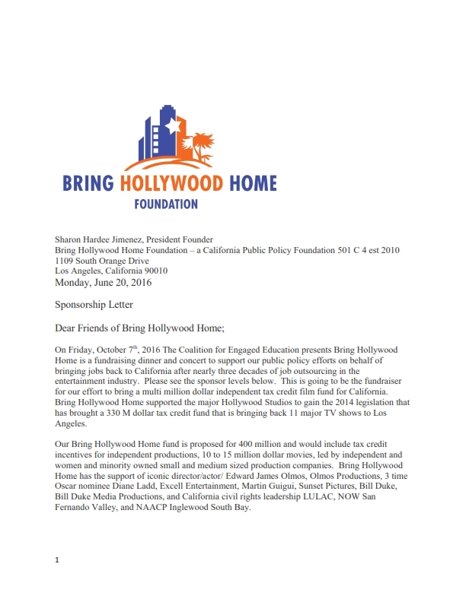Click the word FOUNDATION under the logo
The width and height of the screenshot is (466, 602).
(x=166, y=204)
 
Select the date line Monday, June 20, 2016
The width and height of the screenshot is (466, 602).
(x=103, y=283)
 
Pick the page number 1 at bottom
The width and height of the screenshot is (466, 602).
(x=57, y=561)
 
